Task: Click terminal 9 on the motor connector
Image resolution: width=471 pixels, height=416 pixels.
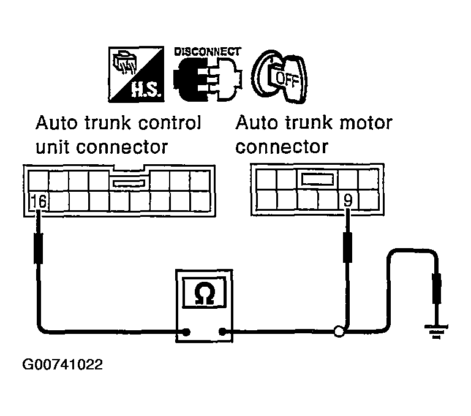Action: click(x=348, y=200)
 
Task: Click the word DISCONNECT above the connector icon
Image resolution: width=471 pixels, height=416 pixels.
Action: click(x=208, y=53)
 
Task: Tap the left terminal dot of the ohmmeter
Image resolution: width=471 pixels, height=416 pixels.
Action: click(x=183, y=333)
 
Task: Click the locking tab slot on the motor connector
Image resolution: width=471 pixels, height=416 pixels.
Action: click(x=317, y=179)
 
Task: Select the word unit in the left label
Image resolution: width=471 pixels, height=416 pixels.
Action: click(x=52, y=148)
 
